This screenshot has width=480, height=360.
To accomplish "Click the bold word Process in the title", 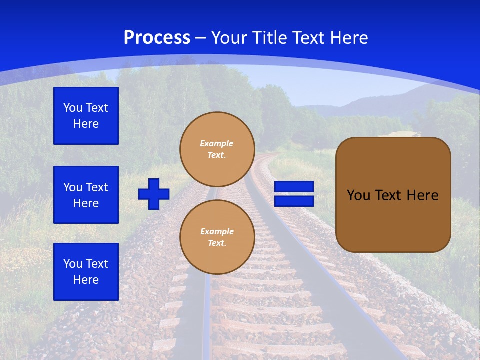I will pyautogui.click(x=157, y=38).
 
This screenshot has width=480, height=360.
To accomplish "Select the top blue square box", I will pyautogui.click(x=86, y=116).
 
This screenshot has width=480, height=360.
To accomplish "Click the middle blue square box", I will pyautogui.click(x=86, y=195).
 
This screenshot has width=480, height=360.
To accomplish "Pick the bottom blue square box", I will pyautogui.click(x=86, y=272).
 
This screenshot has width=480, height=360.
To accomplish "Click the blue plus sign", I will pyautogui.click(x=154, y=194).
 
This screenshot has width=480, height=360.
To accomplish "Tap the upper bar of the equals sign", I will pyautogui.click(x=294, y=187).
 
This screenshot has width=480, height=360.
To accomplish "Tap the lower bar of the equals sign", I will pyautogui.click(x=294, y=201).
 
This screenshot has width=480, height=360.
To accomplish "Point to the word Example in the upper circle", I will pyautogui.click(x=217, y=143).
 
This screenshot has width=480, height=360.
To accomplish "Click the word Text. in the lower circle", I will pyautogui.click(x=217, y=243).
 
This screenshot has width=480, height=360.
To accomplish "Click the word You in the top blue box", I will pyautogui.click(x=72, y=108).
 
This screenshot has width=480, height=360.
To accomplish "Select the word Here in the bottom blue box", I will pyautogui.click(x=86, y=280).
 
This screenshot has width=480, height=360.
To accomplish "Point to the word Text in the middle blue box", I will pyautogui.click(x=97, y=187).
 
